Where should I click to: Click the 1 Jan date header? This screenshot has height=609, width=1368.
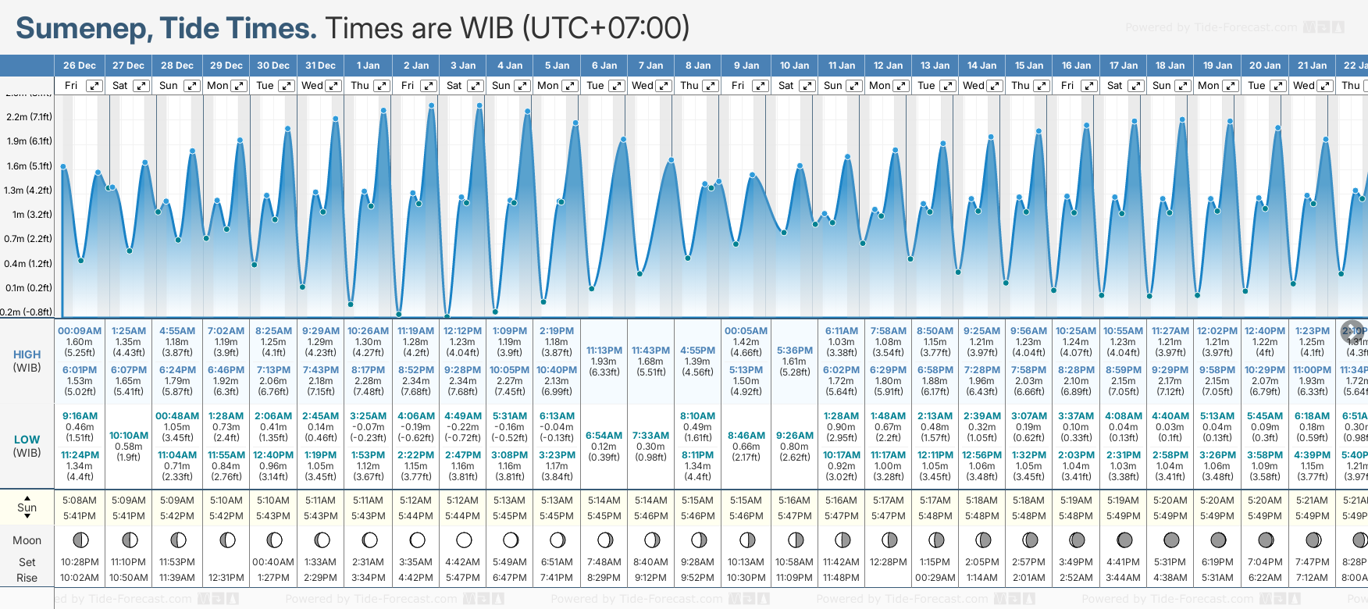(x=368, y=66)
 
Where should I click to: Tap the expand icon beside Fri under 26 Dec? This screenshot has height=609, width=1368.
(x=94, y=86)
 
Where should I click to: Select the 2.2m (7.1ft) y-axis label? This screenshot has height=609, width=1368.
(x=29, y=117)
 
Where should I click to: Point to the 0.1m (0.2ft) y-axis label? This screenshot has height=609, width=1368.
(x=29, y=287)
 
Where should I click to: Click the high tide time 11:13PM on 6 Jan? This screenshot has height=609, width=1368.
(x=604, y=351)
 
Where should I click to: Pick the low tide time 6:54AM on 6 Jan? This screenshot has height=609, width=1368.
(x=604, y=436)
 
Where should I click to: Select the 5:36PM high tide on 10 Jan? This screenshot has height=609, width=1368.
(x=794, y=351)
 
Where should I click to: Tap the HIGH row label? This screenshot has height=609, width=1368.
(x=27, y=354)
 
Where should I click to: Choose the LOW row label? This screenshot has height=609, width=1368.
(x=27, y=440)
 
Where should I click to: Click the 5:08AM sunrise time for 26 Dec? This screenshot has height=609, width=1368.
(x=80, y=500)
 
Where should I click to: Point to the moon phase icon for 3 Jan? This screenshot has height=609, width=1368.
(x=464, y=540)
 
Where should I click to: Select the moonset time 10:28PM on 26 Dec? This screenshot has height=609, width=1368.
(x=80, y=562)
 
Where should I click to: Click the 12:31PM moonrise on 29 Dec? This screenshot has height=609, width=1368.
(x=226, y=578)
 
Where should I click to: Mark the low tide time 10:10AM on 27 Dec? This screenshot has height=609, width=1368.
(x=129, y=436)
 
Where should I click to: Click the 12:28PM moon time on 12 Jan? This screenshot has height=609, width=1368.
(x=889, y=562)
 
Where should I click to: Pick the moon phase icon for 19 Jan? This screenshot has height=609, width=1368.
(x=1218, y=540)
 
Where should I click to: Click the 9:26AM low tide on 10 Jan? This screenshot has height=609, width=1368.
(x=794, y=436)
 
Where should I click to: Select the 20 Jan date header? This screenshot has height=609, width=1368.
(x=1265, y=66)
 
